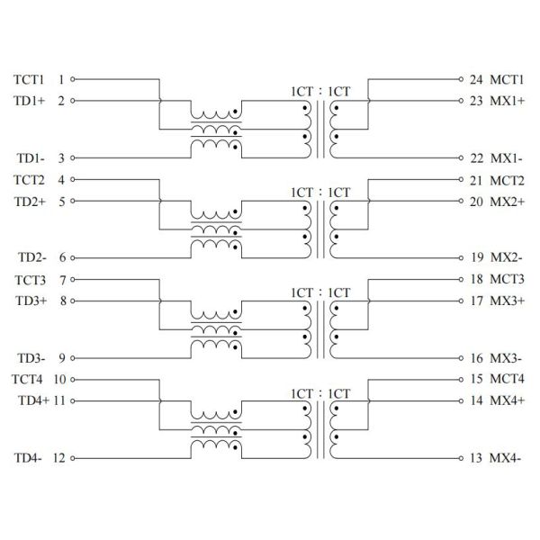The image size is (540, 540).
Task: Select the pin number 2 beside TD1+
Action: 61,100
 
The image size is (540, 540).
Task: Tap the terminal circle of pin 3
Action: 72,157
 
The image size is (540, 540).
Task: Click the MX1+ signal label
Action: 508,100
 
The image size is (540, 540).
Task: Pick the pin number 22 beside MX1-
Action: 477,157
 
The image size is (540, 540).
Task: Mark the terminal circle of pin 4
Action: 72,179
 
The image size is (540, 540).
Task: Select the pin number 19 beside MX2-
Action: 477,257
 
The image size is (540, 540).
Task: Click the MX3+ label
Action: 508,300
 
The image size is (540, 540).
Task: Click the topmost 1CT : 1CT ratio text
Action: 319,91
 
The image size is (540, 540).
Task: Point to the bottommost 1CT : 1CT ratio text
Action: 319,392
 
